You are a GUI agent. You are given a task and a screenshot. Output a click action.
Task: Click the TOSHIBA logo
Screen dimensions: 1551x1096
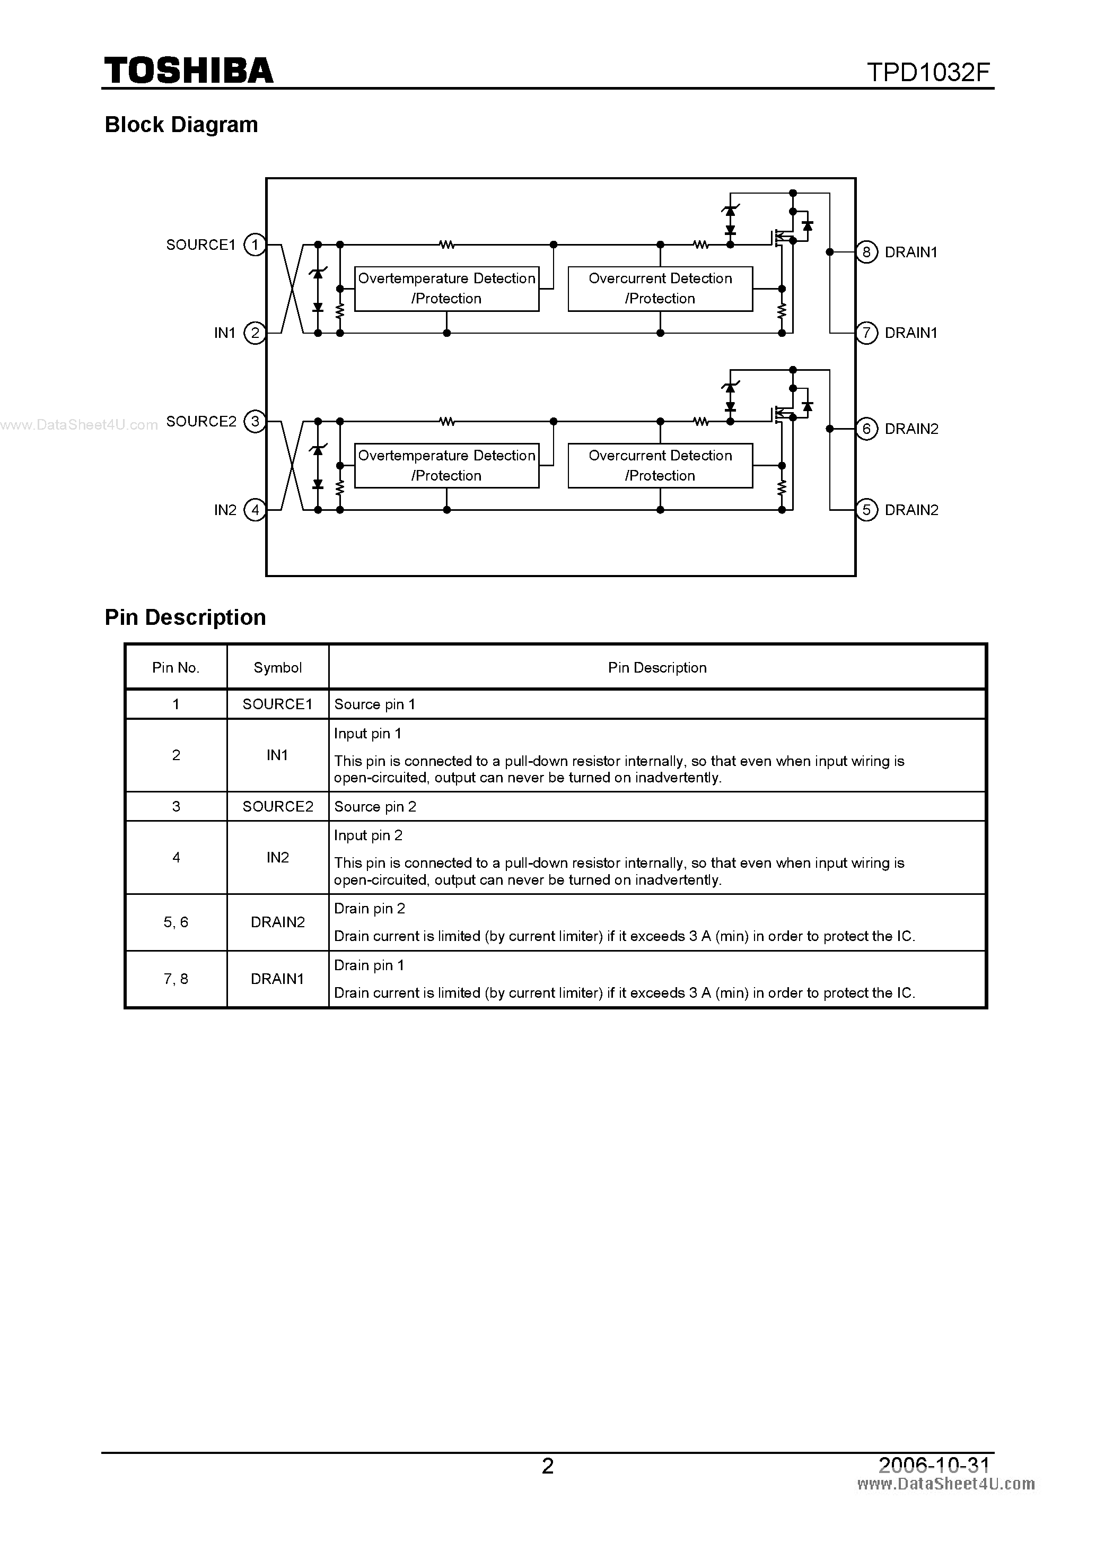(188, 71)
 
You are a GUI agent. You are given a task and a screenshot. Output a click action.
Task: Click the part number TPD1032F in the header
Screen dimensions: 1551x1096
(928, 72)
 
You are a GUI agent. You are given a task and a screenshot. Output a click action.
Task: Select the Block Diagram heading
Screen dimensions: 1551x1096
(181, 125)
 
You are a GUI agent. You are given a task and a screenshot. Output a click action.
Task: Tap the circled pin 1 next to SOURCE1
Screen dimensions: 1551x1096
(255, 245)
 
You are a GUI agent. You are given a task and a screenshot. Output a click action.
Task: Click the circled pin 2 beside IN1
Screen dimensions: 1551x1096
(255, 333)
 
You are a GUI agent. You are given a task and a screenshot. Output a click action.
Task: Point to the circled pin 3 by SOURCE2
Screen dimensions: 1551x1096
(255, 422)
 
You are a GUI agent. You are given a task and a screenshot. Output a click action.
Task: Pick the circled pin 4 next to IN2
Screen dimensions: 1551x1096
(255, 510)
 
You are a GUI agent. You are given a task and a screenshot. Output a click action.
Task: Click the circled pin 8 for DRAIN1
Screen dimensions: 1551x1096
(866, 252)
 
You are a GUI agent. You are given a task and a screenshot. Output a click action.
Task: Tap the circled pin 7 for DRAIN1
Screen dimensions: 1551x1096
(866, 333)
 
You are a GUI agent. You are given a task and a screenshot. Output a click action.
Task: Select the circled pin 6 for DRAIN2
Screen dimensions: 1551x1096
(866, 429)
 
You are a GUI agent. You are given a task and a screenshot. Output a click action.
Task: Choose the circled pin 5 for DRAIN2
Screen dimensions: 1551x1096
(866, 510)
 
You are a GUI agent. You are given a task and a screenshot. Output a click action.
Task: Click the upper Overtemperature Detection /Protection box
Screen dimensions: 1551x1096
(446, 289)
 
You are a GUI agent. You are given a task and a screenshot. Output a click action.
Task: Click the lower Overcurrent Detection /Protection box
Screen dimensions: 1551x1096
(660, 465)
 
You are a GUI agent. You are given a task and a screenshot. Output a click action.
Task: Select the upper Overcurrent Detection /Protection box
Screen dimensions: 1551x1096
(660, 289)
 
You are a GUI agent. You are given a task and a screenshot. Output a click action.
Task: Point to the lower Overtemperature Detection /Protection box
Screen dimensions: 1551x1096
(446, 465)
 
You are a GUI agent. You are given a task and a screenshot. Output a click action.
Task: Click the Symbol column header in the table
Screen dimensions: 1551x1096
(277, 667)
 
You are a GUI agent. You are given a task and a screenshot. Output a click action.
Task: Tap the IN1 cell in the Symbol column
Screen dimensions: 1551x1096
(277, 755)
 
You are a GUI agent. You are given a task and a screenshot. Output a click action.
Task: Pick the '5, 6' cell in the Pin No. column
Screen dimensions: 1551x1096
(176, 922)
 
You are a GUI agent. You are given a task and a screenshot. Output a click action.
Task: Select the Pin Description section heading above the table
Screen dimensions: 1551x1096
(185, 617)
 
